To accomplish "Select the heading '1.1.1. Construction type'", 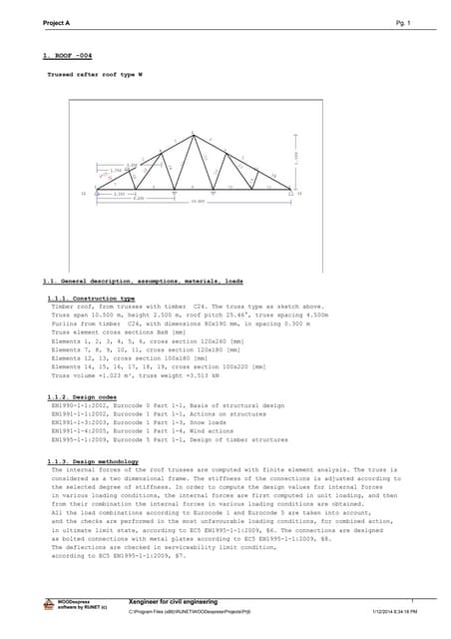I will pyautogui.click(x=91, y=298).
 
